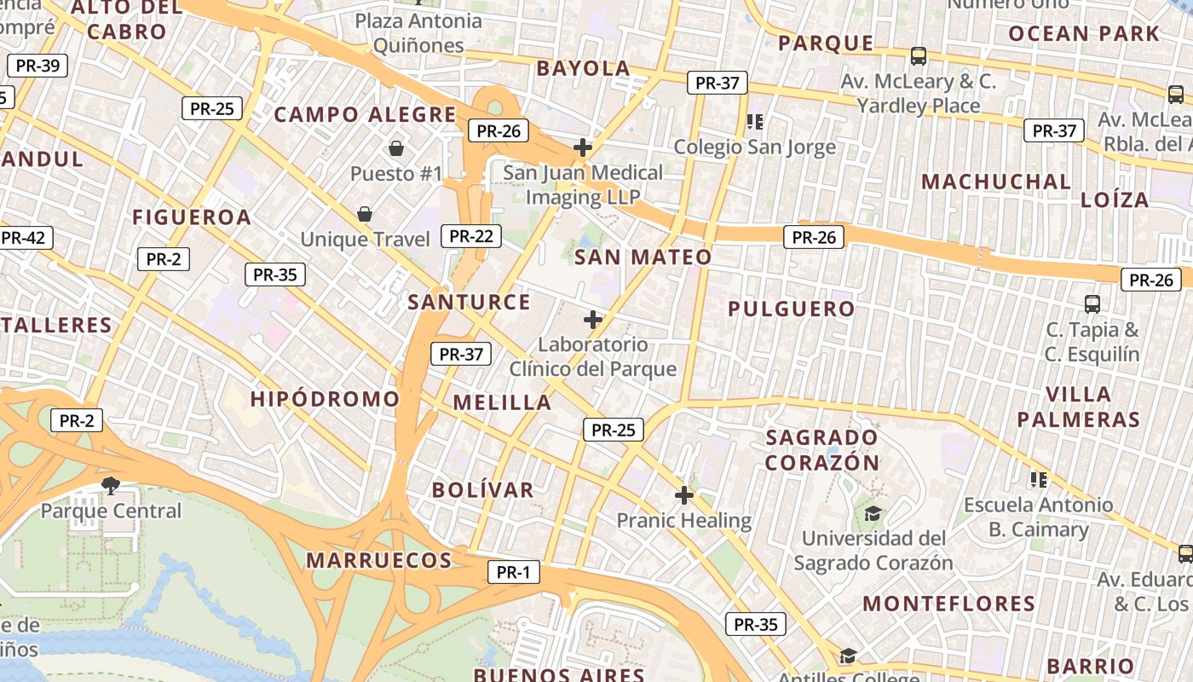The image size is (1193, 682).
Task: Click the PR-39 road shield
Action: (37, 66)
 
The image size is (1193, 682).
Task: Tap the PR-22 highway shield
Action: (471, 236)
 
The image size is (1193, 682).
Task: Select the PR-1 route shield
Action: (514, 572)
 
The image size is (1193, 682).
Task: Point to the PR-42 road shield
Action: (24, 238)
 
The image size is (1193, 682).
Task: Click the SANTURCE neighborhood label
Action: (469, 302)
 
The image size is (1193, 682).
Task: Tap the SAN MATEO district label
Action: (643, 257)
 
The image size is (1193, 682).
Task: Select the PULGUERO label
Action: (791, 309)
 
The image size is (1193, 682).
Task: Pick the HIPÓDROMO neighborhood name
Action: (325, 398)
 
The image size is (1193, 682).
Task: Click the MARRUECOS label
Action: (378, 560)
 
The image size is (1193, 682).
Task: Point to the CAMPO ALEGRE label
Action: (365, 114)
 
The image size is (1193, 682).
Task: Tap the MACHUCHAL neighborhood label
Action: (996, 182)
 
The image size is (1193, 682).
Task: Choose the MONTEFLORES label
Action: (948, 604)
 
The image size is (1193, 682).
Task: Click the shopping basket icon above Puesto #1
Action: (396, 148)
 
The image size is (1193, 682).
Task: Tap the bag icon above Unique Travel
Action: (365, 213)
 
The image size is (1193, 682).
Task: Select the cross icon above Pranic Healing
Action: (684, 494)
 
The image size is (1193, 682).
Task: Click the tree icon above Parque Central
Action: (110, 485)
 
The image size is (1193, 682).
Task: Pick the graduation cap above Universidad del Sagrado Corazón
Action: (873, 513)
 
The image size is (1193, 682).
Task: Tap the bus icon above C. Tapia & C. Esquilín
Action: (1092, 303)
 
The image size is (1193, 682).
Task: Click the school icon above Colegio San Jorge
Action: (754, 122)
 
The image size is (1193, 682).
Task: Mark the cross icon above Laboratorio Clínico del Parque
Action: (592, 320)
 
